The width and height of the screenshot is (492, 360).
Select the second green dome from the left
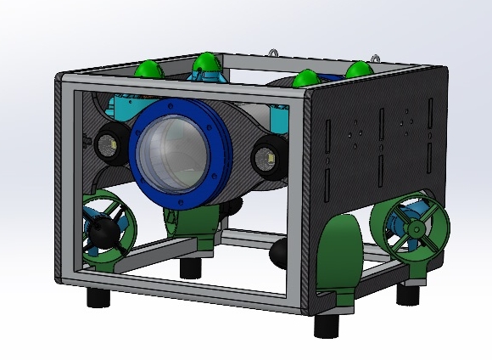click(206, 64)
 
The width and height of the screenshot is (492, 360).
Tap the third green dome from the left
click(305, 79)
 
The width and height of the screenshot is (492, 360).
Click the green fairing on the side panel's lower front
click(339, 255)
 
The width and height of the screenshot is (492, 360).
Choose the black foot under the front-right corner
click(327, 325)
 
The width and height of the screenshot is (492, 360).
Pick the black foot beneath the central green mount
click(190, 267)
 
